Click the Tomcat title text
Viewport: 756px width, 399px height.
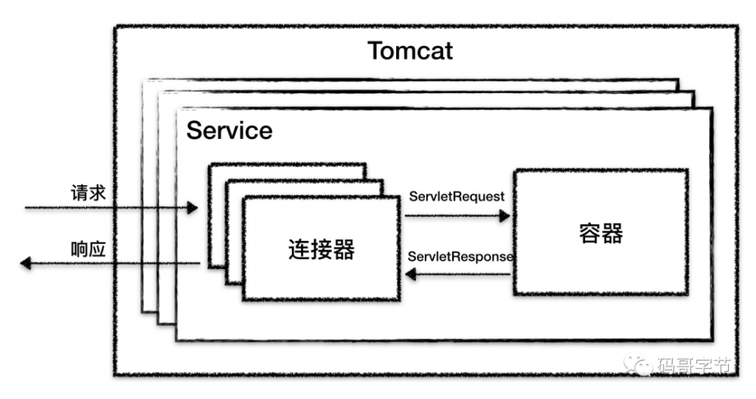410,51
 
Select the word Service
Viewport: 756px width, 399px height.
229,130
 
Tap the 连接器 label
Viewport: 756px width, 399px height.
321,249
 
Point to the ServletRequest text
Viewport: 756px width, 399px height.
457,196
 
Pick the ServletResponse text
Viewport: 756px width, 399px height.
460,257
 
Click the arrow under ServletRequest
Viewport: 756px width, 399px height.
457,215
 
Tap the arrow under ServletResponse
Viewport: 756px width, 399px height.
457,276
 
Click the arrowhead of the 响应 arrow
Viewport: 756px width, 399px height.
25,263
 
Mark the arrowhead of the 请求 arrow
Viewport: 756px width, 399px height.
193,207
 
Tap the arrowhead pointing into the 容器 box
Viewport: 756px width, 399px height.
504,215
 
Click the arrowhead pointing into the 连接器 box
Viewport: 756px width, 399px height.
411,276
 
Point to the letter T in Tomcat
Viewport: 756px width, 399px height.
376,51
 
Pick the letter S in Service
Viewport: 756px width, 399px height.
194,130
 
